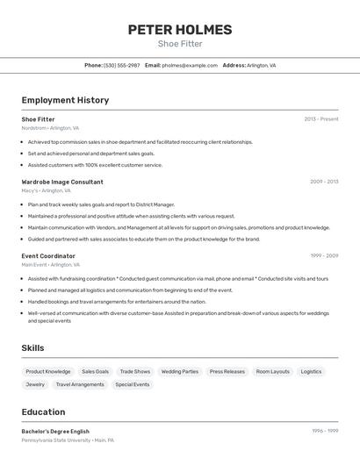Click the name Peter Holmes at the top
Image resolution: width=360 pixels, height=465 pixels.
pos(180,30)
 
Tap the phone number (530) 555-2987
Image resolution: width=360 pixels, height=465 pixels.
pos(121,65)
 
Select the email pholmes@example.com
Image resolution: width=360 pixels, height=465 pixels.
pos(190,65)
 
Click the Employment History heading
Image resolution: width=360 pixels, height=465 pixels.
pos(65,100)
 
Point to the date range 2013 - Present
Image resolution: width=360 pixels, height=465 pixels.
pos(321,119)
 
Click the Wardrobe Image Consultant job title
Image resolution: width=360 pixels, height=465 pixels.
pos(62,182)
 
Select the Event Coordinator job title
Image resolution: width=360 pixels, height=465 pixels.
pos(48,256)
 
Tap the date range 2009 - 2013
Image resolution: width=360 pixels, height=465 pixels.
pos(324,182)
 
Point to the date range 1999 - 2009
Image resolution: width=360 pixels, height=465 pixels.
pos(324,256)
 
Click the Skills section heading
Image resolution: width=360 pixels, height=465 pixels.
pos(32,348)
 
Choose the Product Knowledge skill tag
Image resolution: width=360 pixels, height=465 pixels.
pos(48,371)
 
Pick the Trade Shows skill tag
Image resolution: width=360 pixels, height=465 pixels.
pos(135,371)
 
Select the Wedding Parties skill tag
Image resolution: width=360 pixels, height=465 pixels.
pos(180,371)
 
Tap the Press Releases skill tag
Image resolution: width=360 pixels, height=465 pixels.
pos(227,371)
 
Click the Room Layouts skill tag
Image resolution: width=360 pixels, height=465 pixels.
pos(273,371)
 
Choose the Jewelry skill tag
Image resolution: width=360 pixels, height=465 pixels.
pos(35,384)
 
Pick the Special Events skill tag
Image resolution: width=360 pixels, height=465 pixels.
pos(133,384)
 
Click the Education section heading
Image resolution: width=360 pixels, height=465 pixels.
pos(43,412)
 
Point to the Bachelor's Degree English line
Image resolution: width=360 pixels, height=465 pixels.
pos(55,432)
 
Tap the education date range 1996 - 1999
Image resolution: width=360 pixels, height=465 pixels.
pos(325,432)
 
